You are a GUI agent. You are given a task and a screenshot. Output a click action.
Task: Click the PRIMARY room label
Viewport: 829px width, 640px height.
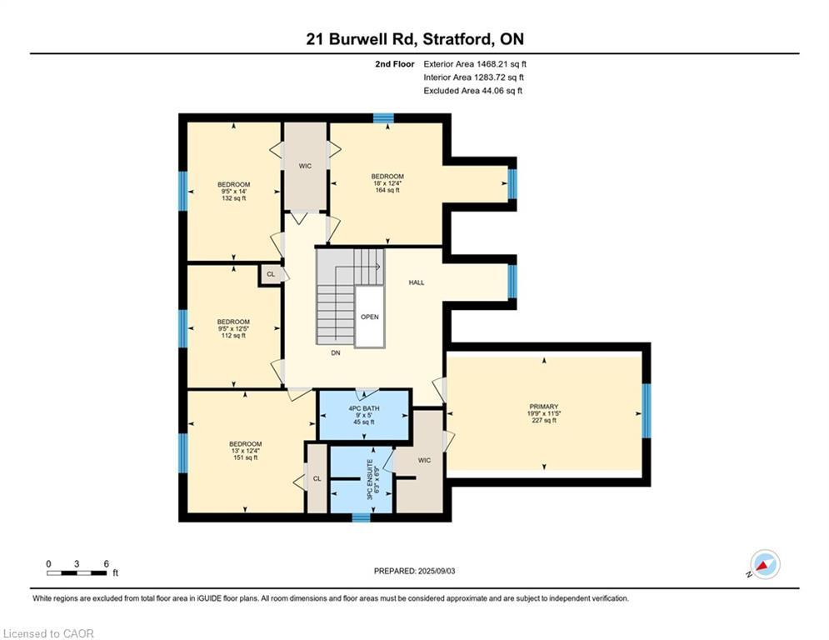543,407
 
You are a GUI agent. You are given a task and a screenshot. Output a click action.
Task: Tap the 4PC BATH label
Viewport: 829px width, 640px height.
364,408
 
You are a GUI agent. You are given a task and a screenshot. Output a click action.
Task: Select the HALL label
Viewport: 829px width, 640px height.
416,282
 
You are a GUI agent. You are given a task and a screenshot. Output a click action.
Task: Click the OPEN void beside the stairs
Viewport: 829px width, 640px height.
370,317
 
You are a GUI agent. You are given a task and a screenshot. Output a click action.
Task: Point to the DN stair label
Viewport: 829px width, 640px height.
336,352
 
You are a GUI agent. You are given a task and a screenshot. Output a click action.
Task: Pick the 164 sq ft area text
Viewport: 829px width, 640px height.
387,190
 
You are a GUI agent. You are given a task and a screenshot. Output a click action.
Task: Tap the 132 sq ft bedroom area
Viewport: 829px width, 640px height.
233,198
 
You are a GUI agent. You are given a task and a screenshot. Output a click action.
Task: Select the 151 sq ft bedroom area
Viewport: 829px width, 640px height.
245,457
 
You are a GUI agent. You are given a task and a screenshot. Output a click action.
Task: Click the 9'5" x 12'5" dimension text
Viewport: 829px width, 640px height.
233,328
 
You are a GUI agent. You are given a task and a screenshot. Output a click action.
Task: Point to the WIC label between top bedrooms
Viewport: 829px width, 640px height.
305,166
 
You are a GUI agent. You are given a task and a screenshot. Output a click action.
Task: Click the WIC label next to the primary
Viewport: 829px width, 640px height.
424,460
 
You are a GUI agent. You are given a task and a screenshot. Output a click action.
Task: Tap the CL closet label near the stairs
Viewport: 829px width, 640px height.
271,274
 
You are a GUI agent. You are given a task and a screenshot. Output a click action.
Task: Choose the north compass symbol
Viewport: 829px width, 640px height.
765,564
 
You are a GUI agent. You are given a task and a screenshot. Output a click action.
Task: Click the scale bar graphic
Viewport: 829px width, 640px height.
77,572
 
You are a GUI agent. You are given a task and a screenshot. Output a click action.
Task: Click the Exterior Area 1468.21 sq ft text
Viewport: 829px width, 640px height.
475,64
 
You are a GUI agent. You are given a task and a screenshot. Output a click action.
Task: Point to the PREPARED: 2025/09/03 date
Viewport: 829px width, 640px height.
415,571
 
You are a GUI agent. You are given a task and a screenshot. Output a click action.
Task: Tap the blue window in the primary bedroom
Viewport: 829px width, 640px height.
646,411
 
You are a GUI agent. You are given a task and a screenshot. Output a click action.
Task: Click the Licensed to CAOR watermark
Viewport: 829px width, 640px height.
48,633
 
